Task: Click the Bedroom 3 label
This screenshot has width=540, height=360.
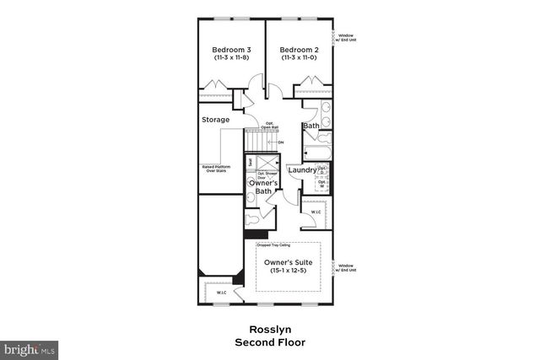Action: (230, 50)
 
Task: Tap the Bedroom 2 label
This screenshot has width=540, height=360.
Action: (299, 50)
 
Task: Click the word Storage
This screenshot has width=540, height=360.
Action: (215, 120)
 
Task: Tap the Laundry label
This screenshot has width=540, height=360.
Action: (301, 170)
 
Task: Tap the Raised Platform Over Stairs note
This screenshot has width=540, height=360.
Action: (214, 169)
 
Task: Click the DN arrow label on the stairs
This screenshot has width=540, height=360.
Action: (280, 142)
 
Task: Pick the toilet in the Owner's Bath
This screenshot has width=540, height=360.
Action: (254, 218)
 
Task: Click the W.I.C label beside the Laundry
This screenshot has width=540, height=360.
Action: (315, 212)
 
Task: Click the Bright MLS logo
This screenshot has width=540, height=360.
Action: (30, 347)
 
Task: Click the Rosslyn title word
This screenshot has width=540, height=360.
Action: (269, 330)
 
